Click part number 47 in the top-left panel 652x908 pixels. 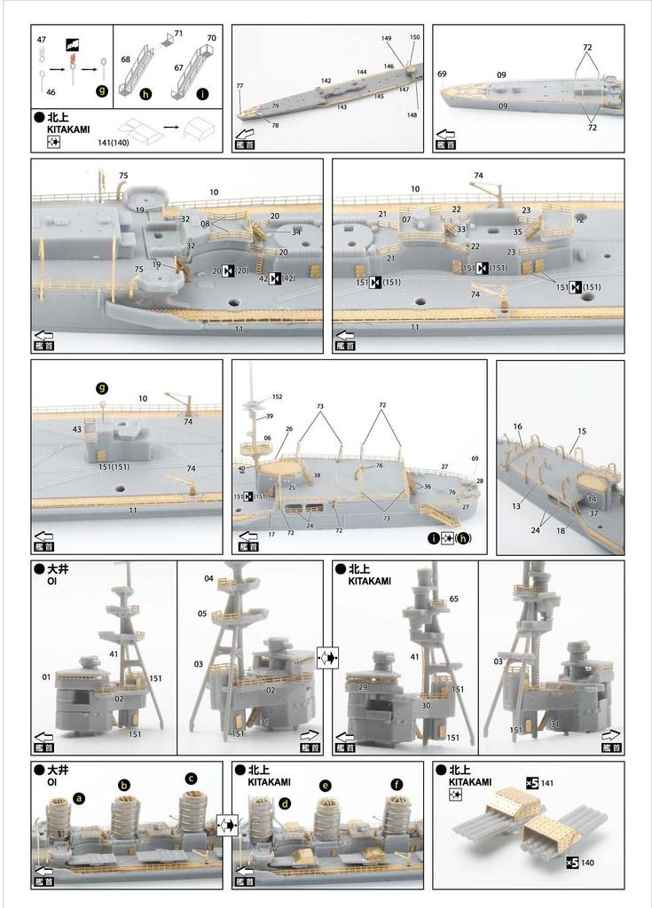(41, 40)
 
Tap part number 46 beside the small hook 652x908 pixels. (51, 91)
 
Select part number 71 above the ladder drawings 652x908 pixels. (178, 34)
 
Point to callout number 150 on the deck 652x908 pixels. (414, 37)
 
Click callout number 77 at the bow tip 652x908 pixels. (240, 86)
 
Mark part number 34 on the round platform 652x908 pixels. (296, 232)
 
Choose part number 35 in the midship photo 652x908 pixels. (518, 232)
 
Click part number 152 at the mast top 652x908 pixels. (277, 396)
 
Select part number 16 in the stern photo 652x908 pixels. (518, 427)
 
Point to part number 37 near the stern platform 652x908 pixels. (593, 513)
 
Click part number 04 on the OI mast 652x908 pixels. (208, 578)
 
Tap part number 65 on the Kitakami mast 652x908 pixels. (453, 600)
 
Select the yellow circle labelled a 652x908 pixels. (80, 798)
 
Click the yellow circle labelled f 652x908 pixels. (396, 785)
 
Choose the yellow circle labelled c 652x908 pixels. (191, 779)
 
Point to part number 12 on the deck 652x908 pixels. (579, 219)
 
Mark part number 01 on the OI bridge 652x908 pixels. (45, 677)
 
